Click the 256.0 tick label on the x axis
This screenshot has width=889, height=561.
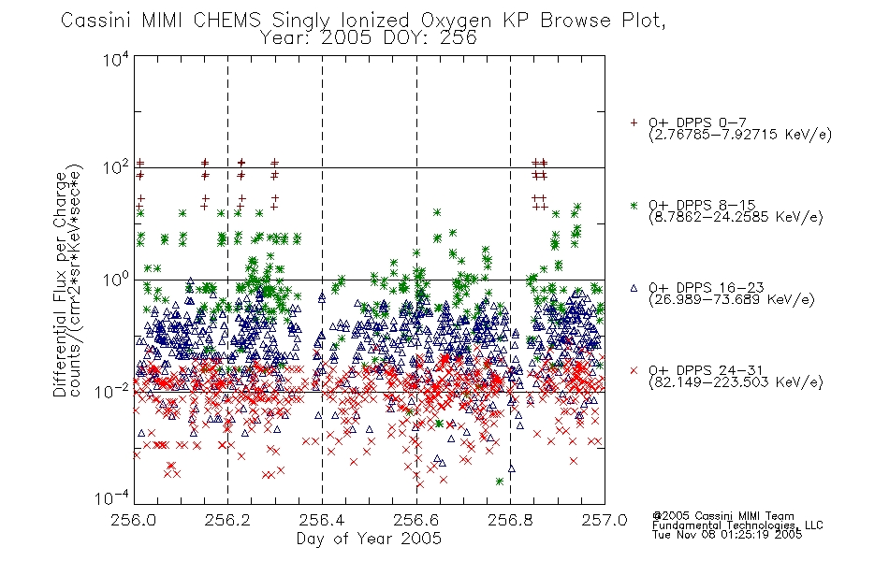coord(134,520)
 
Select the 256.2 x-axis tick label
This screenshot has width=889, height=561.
coord(228,520)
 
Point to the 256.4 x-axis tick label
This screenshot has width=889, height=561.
coord(322,520)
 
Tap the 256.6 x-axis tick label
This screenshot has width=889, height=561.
coord(416,520)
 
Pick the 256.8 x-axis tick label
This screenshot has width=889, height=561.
coord(510,520)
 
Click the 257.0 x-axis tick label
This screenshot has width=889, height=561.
coord(605,520)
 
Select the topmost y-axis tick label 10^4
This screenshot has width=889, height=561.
coord(116,59)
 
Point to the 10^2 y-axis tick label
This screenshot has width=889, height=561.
coord(116,167)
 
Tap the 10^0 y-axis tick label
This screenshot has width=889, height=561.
coord(116,280)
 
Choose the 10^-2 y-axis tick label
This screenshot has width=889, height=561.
coord(112,391)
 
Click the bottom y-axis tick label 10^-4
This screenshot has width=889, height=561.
coord(112,497)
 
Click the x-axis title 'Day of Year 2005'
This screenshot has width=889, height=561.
coord(369,539)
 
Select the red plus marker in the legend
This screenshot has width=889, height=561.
coord(634,122)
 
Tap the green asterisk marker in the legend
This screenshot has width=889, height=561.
coord(634,206)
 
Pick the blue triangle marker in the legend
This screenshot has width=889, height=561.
coord(634,288)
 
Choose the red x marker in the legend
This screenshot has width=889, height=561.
coord(634,370)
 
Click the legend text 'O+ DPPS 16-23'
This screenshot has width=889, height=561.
coord(707,287)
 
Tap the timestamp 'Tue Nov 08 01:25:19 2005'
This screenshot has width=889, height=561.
coord(727,534)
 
